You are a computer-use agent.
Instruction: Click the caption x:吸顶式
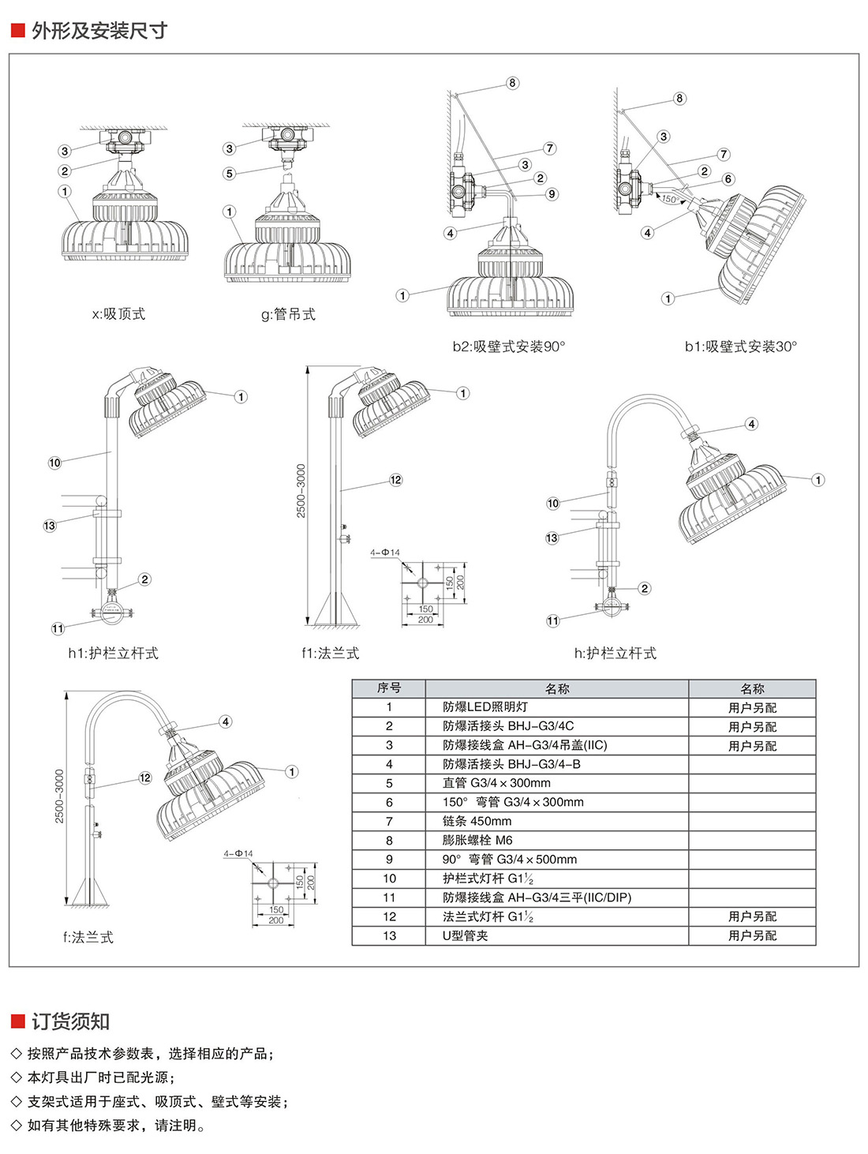pyautogui.click(x=118, y=314)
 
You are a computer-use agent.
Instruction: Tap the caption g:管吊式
pyautogui.click(x=288, y=315)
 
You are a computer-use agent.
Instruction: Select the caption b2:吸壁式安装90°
pyautogui.click(x=508, y=347)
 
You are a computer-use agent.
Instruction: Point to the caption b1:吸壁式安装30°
pyautogui.click(x=740, y=347)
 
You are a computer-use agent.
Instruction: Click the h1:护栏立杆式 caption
pyautogui.click(x=113, y=654)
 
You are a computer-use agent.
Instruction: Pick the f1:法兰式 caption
pyautogui.click(x=330, y=654)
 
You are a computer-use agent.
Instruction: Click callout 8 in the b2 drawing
pyautogui.click(x=512, y=83)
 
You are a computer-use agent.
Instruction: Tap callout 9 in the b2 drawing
pyautogui.click(x=552, y=193)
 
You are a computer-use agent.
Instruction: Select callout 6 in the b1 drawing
pyautogui.click(x=728, y=179)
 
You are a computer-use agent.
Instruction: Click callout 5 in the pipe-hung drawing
pyautogui.click(x=230, y=174)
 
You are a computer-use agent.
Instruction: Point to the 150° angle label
pyautogui.click(x=669, y=199)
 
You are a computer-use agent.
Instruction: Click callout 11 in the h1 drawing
pyautogui.click(x=58, y=628)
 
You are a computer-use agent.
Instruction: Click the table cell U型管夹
pyautogui.click(x=465, y=936)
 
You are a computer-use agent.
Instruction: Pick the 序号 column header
pyautogui.click(x=388, y=688)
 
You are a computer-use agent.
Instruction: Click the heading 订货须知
pyautogui.click(x=70, y=1021)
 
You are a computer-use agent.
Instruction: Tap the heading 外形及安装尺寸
pyautogui.click(x=99, y=31)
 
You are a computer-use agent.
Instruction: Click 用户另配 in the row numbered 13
pyautogui.click(x=752, y=936)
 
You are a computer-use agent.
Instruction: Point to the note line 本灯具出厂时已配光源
pyautogui.click(x=100, y=1077)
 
